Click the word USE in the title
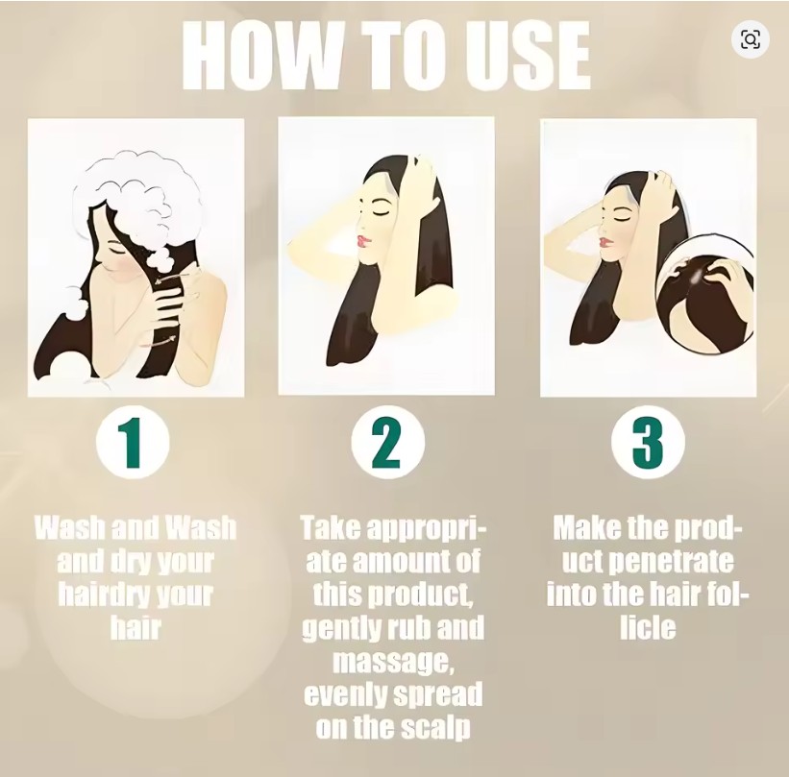tap(528, 56)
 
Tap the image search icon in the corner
tap(750, 39)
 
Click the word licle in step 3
tap(648, 628)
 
